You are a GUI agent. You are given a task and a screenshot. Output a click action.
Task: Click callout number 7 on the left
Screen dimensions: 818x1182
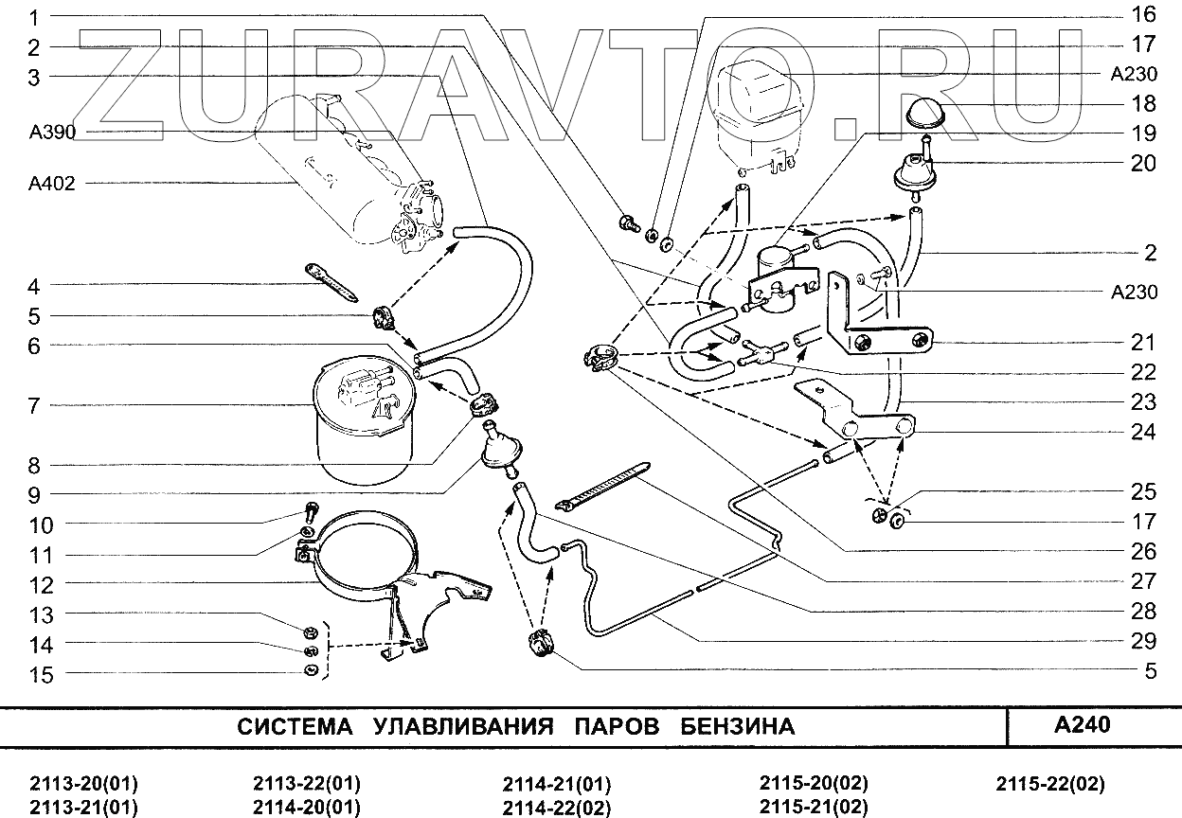[34, 405]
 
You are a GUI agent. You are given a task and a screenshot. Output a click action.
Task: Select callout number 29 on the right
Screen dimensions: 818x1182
[1143, 641]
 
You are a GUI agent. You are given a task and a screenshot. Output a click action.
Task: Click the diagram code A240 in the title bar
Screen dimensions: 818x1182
[1083, 725]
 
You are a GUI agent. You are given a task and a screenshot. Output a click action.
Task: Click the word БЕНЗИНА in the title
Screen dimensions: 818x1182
[737, 727]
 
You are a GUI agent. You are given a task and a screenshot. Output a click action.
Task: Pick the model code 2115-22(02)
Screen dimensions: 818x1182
[1050, 784]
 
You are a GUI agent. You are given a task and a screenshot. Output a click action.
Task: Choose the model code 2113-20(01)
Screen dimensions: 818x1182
[84, 784]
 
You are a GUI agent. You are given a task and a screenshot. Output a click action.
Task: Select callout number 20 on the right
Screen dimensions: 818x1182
[1143, 163]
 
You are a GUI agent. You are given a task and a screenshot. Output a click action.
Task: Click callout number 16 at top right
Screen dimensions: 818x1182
[1143, 14]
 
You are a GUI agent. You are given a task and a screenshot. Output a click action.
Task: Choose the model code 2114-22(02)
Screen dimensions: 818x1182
[556, 808]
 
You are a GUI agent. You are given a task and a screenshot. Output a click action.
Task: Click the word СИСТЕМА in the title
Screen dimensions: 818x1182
[294, 727]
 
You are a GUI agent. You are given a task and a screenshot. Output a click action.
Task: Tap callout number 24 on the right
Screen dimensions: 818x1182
[1143, 432]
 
